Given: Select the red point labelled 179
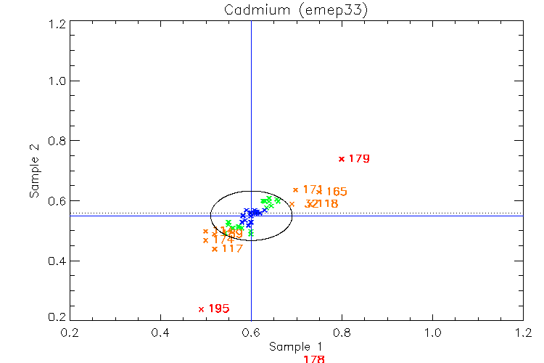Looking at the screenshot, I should pyautogui.click(x=342, y=159).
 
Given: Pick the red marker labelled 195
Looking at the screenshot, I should pyautogui.click(x=201, y=309).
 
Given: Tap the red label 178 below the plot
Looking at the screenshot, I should pyautogui.click(x=313, y=359).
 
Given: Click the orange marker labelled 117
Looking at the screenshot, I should pyautogui.click(x=214, y=249).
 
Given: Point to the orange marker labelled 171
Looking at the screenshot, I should pyautogui.click(x=295, y=190).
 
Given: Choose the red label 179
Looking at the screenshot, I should pyautogui.click(x=359, y=158).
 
